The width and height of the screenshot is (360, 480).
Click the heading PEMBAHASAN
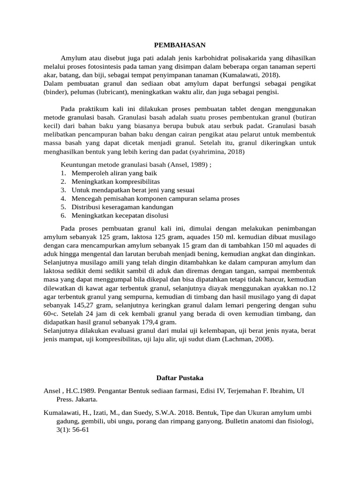pos(180,45)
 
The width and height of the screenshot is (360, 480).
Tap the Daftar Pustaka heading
pos(180,377)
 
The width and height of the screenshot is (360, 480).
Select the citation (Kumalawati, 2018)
pos(251,75)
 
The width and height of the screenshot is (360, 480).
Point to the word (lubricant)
pos(107,92)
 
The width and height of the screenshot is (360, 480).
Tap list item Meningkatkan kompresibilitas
pos(116,181)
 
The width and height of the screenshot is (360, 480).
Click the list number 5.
pos(63,207)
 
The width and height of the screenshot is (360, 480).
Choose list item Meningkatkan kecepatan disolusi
pos(120,215)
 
